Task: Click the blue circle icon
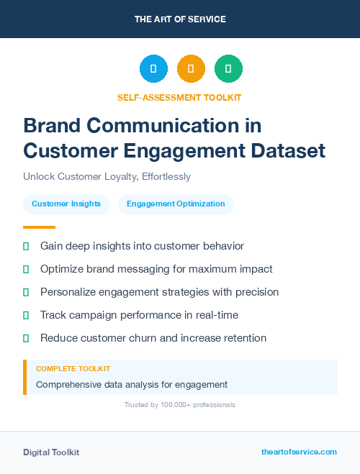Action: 153,69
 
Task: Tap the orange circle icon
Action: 191,69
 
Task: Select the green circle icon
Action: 228,69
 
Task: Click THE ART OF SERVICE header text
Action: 180,19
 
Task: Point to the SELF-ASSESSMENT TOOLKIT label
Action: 179,97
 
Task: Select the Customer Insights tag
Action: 66,204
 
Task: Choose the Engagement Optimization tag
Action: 176,204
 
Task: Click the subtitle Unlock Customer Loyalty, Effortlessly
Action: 107,176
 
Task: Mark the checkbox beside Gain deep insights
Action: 26,246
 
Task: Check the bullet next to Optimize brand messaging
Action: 26,269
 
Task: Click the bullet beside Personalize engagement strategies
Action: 26,292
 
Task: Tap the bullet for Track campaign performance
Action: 26,315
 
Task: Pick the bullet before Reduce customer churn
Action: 26,338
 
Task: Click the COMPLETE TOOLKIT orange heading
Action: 68,368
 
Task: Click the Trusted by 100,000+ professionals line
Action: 179,405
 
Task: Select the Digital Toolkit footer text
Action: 51,452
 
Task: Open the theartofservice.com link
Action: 299,452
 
